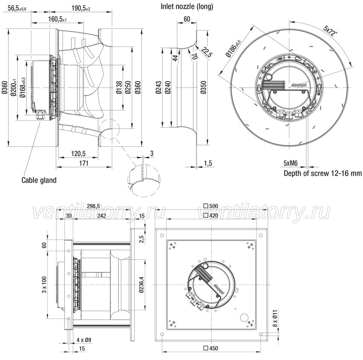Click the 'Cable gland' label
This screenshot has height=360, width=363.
coord(39,180)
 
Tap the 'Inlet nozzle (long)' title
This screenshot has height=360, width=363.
coord(187,6)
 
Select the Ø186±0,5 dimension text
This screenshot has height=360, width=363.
coord(234,48)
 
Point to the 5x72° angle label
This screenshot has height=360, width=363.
coord(331,31)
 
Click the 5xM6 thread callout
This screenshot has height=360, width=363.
coord(290,163)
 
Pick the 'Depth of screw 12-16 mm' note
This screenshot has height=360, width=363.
coord(323,173)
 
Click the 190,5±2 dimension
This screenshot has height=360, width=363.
coord(81,8)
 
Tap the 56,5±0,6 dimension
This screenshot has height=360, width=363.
coord(17,8)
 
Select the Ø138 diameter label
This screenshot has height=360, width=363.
coord(119,87)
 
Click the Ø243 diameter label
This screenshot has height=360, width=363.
coord(159,87)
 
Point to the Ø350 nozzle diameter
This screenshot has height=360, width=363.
coord(203,87)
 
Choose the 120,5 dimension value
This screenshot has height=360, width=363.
coord(78,153)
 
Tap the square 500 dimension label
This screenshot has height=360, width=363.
coord(211,206)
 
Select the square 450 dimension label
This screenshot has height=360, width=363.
coord(211,348)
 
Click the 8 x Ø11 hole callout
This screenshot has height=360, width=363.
coord(275,318)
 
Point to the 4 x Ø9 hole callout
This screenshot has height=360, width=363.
coord(84,340)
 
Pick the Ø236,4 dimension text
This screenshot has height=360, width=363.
coord(142,284)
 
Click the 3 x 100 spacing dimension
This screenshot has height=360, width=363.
coord(44,285)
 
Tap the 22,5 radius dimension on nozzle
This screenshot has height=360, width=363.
coord(207,52)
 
